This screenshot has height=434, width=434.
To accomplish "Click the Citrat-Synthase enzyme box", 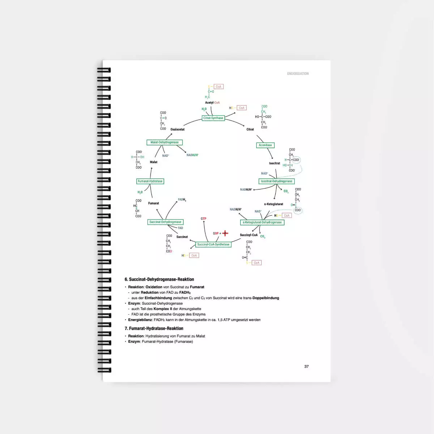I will [x=213, y=118].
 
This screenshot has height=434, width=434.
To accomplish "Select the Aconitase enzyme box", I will [x=265, y=145].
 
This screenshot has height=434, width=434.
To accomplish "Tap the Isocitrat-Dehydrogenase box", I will [x=277, y=181].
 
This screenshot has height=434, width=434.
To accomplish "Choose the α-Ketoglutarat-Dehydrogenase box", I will [x=262, y=222].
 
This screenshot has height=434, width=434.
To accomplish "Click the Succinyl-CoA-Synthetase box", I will [x=213, y=244].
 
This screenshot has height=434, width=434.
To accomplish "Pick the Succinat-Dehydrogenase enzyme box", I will [x=165, y=222].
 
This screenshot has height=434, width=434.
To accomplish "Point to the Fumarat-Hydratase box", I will [x=150, y=181].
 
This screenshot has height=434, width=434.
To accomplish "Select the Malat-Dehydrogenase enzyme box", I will [x=165, y=142].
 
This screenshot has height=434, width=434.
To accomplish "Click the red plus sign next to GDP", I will [x=225, y=233].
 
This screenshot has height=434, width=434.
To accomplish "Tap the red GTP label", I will [x=204, y=219].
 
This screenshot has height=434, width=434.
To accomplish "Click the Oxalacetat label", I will [x=178, y=129].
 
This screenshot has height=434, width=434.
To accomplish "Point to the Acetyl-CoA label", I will [x=212, y=103].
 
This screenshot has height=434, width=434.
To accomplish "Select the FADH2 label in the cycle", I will [x=182, y=200].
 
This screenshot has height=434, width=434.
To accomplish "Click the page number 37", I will [x=306, y=366].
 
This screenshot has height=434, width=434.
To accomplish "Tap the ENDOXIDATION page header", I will [x=298, y=74].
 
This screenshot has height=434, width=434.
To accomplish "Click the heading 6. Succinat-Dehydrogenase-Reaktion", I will [x=159, y=280].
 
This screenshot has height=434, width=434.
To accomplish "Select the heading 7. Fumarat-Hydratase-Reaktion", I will [x=154, y=328].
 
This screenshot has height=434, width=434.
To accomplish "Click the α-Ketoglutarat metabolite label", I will [x=273, y=204].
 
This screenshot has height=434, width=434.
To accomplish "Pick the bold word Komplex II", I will [x=163, y=309].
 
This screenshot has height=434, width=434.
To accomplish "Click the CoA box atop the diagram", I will [x=218, y=87].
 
